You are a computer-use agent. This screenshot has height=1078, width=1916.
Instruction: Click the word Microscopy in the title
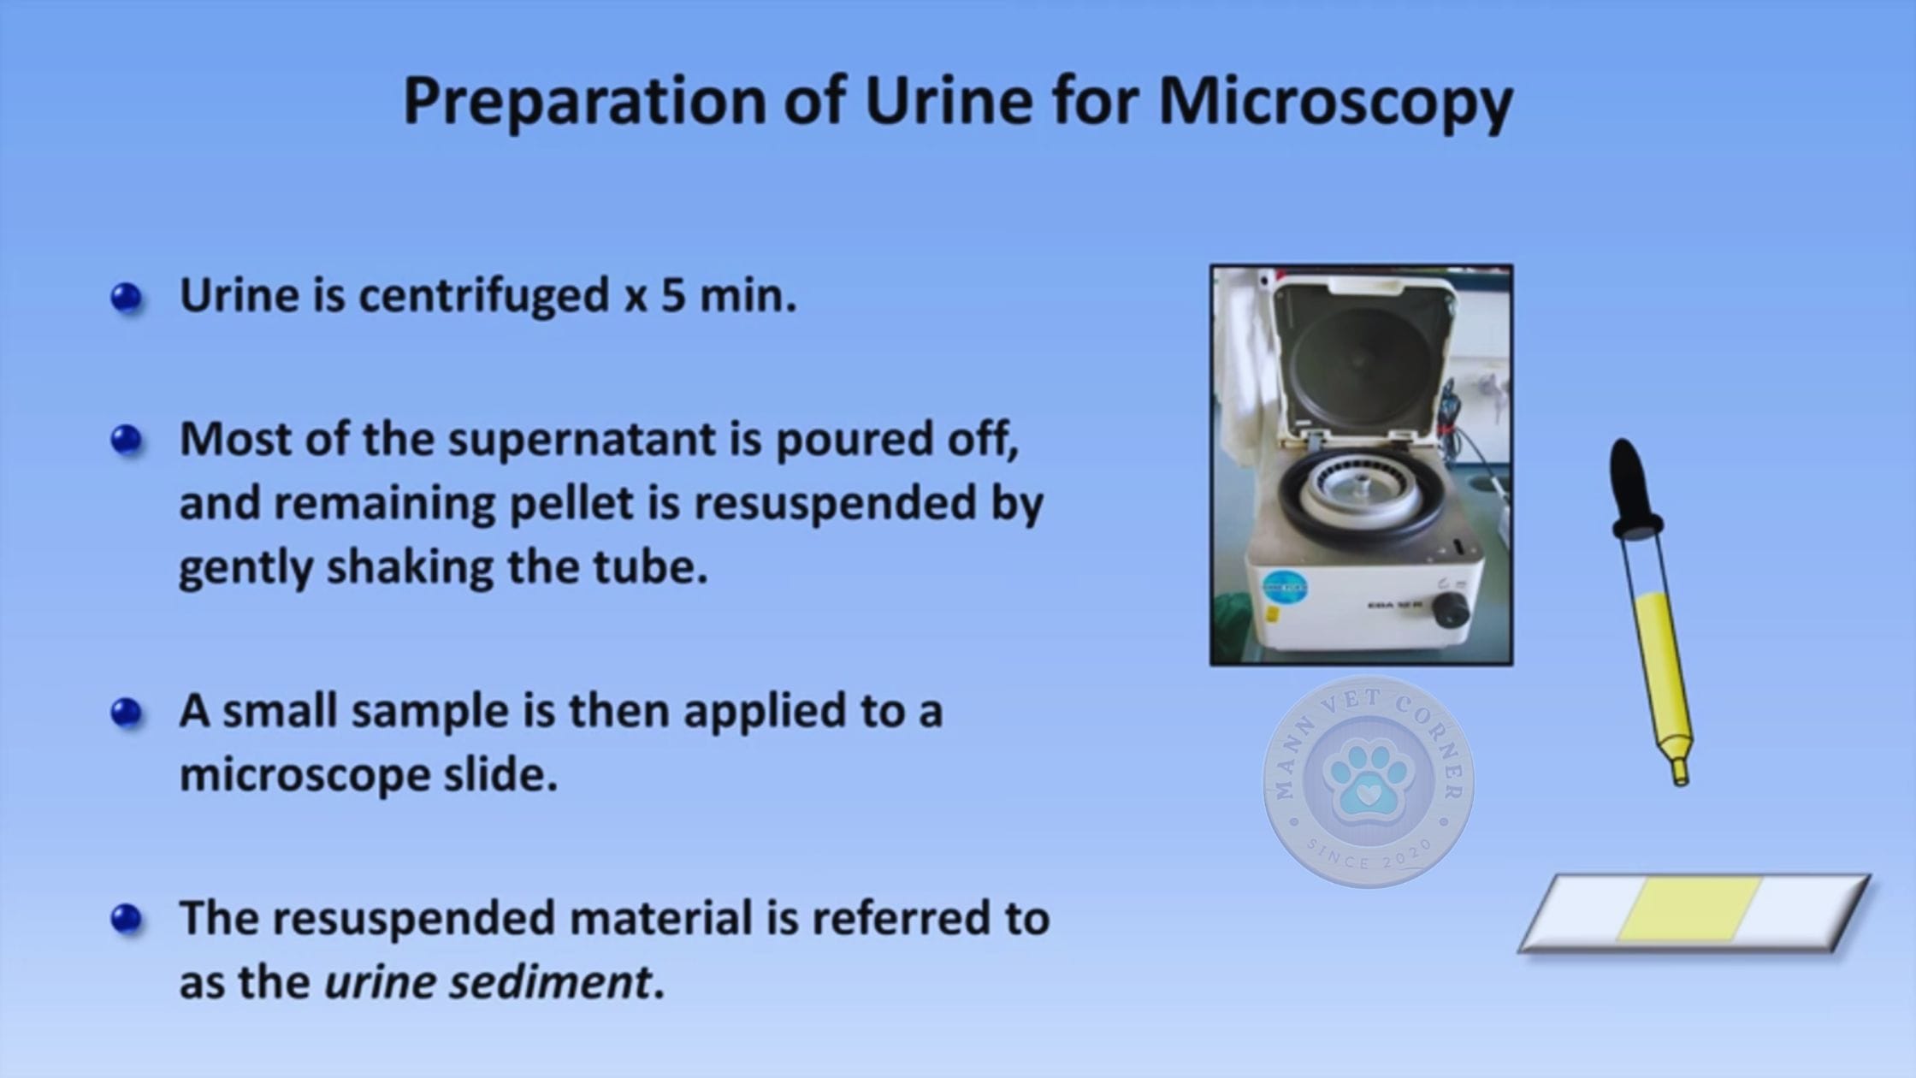click(1335, 102)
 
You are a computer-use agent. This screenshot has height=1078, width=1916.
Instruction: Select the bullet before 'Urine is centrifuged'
click(127, 298)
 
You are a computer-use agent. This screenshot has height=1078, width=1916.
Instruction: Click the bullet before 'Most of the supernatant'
click(127, 441)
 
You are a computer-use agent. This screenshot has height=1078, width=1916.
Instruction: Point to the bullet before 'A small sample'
click(127, 713)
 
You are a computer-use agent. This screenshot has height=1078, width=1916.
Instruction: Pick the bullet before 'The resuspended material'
click(127, 919)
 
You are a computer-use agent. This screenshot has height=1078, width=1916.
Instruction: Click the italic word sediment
click(550, 981)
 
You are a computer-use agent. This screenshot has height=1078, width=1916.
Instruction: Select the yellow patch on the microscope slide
click(1690, 908)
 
